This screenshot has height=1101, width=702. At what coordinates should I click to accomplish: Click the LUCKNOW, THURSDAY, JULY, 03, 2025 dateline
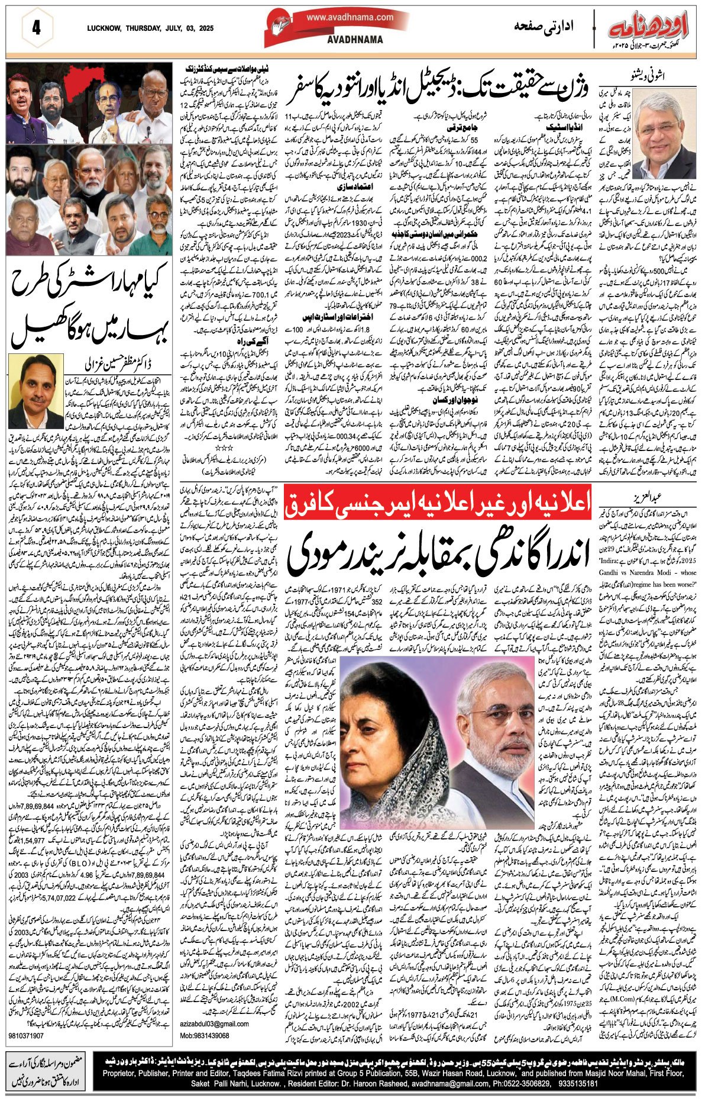(x=150, y=28)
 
